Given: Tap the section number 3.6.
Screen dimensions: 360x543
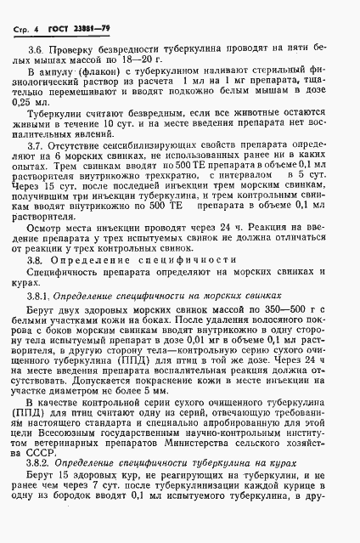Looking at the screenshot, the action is click(38, 51).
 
